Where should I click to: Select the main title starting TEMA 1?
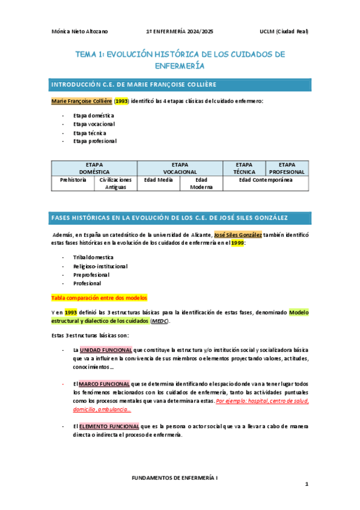(180, 60)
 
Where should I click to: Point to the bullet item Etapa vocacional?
(94, 124)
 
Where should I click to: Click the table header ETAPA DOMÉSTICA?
(94, 168)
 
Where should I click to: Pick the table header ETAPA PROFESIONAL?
(287, 168)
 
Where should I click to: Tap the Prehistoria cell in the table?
(73, 179)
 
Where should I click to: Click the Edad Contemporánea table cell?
(265, 179)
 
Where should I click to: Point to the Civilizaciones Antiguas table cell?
(115, 183)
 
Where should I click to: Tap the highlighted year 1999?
(238, 243)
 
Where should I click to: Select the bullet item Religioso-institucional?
(100, 266)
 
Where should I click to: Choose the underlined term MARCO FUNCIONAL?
(104, 384)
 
